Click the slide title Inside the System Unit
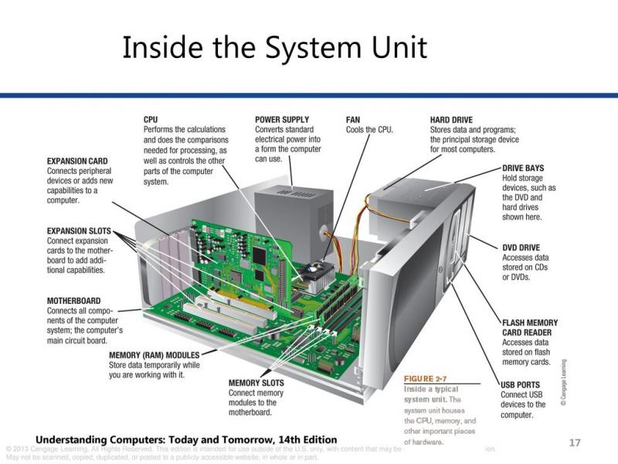[274, 48]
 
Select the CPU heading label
[151, 120]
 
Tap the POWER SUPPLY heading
[282, 120]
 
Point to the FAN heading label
[354, 120]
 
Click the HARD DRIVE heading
[457, 120]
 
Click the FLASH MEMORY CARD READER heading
[530, 328]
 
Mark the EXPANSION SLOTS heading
[79, 230]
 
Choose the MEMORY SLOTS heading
[256, 383]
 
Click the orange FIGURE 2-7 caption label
[426, 379]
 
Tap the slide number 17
[574, 442]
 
